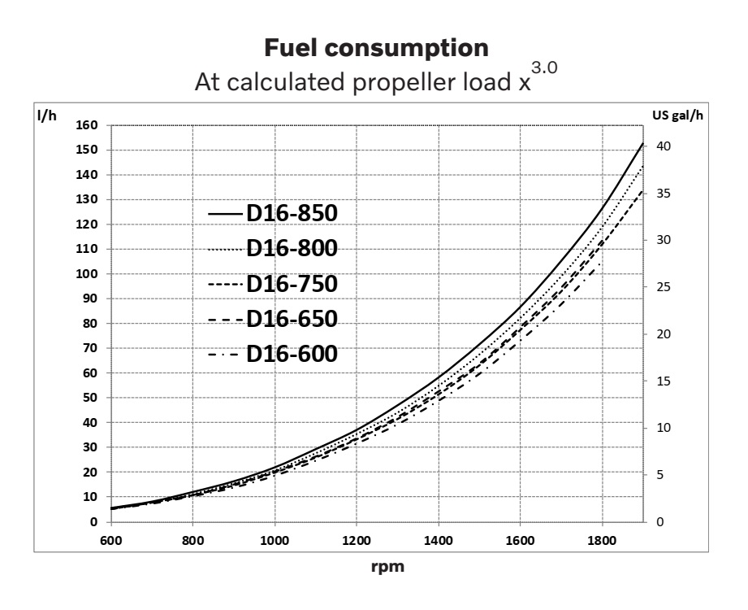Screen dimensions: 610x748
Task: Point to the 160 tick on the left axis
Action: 88,125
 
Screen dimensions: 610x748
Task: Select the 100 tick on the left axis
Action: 88,274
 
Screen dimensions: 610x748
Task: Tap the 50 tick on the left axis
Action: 90,398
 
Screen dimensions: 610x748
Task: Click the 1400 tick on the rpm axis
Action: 438,538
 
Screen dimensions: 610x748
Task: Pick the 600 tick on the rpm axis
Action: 110,538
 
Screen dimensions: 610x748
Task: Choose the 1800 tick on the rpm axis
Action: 601,538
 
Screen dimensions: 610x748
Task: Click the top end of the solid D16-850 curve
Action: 642,143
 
